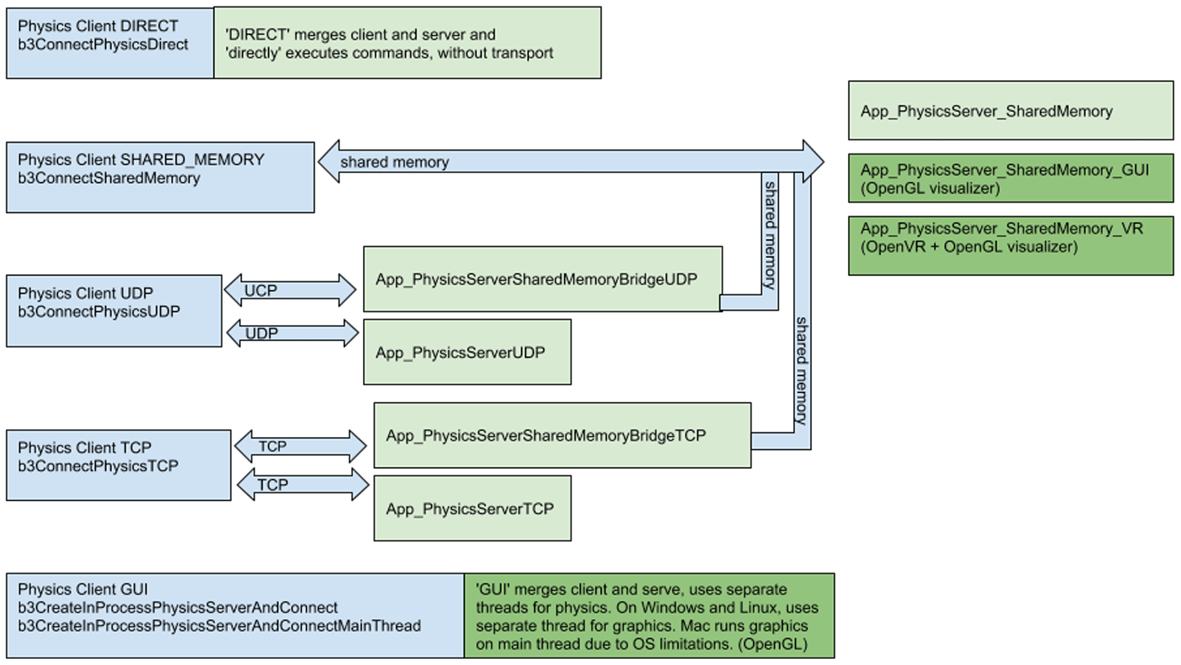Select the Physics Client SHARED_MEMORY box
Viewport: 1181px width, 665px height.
(x=160, y=177)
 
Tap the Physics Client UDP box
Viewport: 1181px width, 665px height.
(x=114, y=311)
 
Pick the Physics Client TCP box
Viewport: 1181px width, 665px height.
(x=119, y=465)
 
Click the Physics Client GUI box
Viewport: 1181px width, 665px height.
(x=235, y=615)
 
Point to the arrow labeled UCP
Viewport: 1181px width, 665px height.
(x=290, y=290)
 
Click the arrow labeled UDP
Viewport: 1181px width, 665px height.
(x=292, y=333)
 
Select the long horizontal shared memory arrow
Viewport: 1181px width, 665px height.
(x=570, y=161)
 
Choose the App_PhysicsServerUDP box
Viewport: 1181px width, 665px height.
(x=467, y=352)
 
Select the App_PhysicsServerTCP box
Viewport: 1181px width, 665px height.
(x=472, y=508)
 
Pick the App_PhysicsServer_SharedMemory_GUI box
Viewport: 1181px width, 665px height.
(x=1010, y=178)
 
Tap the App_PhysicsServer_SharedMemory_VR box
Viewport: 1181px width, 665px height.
(x=1010, y=246)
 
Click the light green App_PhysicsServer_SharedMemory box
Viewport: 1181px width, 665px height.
(x=1010, y=111)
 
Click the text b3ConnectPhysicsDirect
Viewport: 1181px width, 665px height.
(x=103, y=45)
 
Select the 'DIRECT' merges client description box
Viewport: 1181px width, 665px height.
(x=407, y=43)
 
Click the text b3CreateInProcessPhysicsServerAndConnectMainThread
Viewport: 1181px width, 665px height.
(x=219, y=626)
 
